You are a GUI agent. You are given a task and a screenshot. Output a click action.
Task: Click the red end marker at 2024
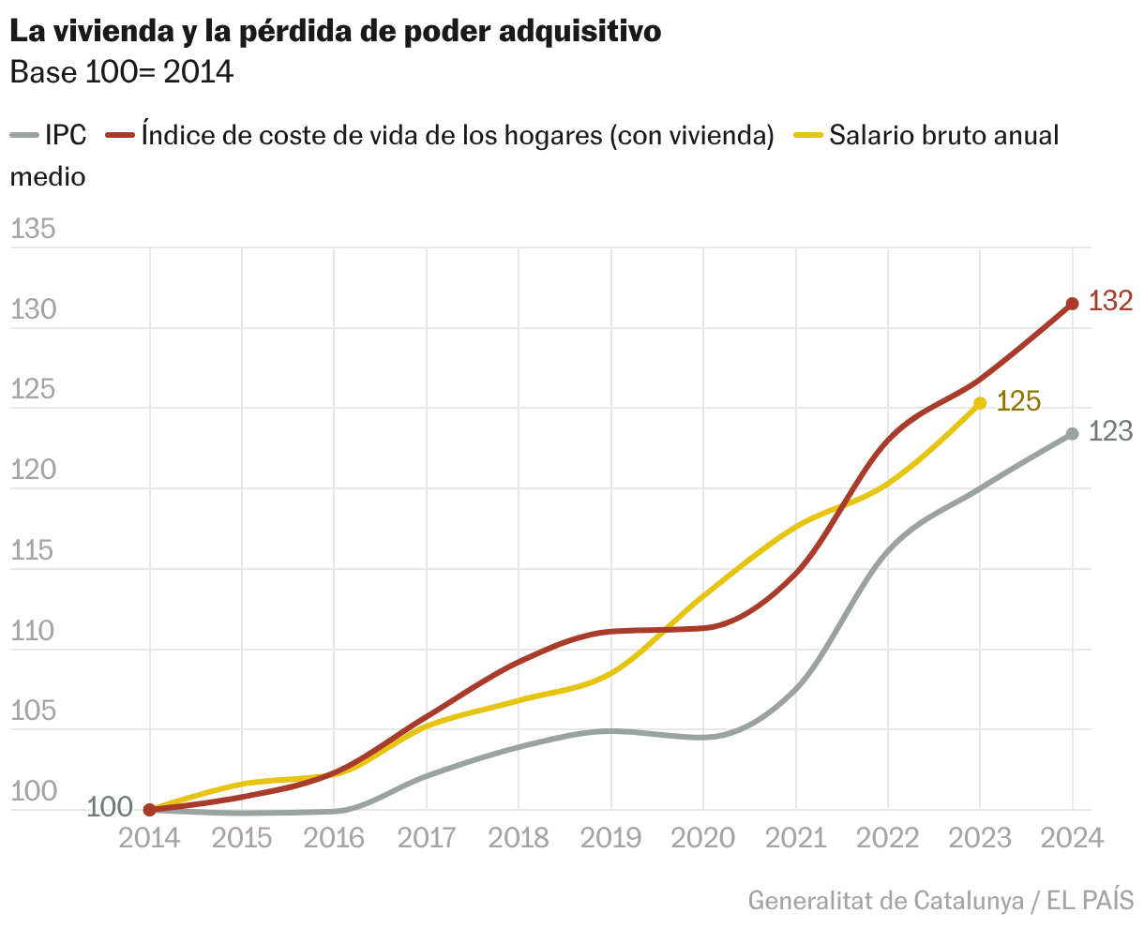pyautogui.click(x=1072, y=304)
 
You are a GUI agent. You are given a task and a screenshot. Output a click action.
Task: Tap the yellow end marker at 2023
pyautogui.click(x=980, y=403)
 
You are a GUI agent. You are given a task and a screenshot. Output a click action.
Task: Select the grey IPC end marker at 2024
pyautogui.click(x=1072, y=434)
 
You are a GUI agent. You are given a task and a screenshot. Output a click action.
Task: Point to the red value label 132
pyautogui.click(x=1111, y=301)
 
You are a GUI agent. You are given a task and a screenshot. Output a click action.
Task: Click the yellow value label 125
pyautogui.click(x=1018, y=401)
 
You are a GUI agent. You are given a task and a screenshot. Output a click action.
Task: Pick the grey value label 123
pyautogui.click(x=1111, y=431)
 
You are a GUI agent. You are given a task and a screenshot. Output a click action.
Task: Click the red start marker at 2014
pyautogui.click(x=150, y=809)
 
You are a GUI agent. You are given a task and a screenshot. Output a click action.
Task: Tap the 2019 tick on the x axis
pyautogui.click(x=610, y=837)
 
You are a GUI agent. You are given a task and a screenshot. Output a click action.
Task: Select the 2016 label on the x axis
pyautogui.click(x=335, y=837)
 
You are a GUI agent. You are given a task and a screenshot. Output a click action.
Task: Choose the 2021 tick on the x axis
pyautogui.click(x=795, y=837)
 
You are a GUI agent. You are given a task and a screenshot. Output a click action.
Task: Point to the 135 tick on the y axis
pyautogui.click(x=33, y=230)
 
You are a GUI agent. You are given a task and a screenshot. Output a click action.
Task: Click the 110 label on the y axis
pyautogui.click(x=33, y=632)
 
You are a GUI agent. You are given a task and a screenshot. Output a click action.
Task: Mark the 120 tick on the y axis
pyautogui.click(x=33, y=471)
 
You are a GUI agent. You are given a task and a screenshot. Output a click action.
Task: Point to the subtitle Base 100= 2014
pyautogui.click(x=121, y=72)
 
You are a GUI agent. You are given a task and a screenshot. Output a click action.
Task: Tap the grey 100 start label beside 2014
pyautogui.click(x=111, y=807)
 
